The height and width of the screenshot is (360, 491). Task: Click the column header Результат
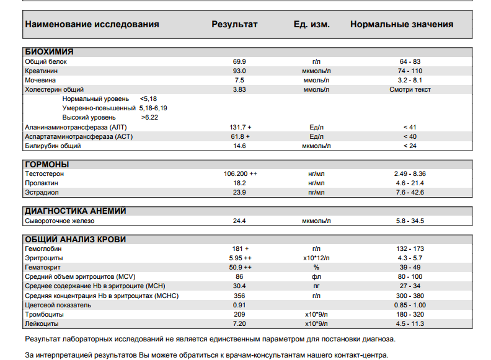pyautogui.click(x=234, y=25)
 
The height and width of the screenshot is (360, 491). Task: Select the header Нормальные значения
pyautogui.click(x=401, y=25)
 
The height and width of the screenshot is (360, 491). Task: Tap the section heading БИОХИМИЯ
pyautogui.click(x=49, y=52)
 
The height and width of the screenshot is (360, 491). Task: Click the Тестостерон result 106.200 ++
pyautogui.click(x=240, y=174)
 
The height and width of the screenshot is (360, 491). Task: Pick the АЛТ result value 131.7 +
pyautogui.click(x=240, y=127)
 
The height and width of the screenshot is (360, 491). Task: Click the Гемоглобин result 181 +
pyautogui.click(x=240, y=248)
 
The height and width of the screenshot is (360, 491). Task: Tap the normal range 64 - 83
pyautogui.click(x=410, y=62)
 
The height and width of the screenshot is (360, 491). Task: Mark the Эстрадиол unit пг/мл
pyautogui.click(x=316, y=193)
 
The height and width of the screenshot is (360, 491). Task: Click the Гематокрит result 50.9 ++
pyautogui.click(x=240, y=267)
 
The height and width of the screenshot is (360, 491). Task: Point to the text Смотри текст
pyautogui.click(x=410, y=90)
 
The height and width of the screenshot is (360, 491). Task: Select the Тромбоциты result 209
pyautogui.click(x=240, y=314)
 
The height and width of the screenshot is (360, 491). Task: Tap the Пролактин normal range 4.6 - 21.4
pyautogui.click(x=410, y=183)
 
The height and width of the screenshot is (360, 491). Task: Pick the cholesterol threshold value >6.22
pyautogui.click(x=149, y=117)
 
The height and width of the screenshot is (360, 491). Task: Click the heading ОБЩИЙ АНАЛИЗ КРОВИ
pyautogui.click(x=75, y=239)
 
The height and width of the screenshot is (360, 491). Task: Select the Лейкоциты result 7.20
pyautogui.click(x=240, y=323)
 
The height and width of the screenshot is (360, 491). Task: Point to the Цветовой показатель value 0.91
pyautogui.click(x=240, y=305)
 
